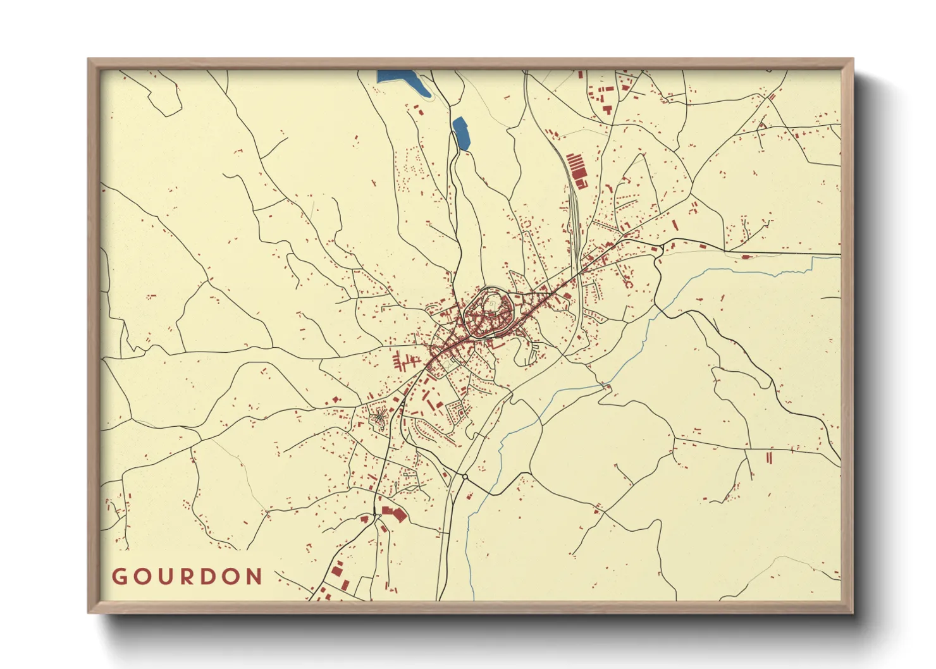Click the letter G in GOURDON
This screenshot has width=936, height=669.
click(119, 577)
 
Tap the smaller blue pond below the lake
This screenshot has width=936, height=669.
click(462, 133)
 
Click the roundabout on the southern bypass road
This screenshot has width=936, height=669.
click(465, 476)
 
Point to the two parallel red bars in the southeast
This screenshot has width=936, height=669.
click(769, 457)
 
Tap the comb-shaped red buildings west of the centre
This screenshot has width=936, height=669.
click(403, 363)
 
